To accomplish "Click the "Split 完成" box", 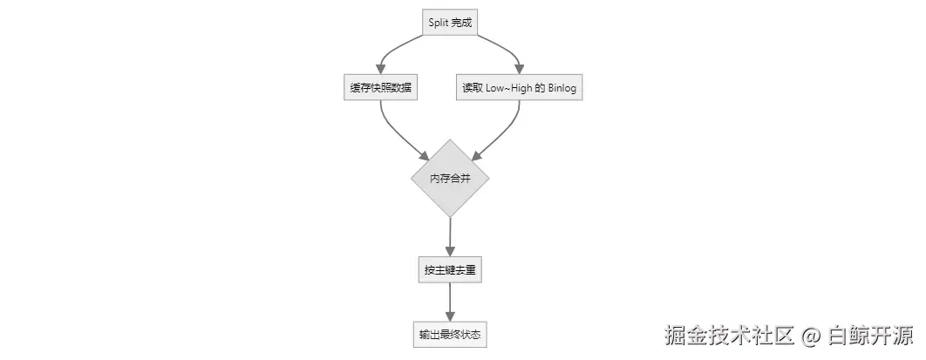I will [450, 23].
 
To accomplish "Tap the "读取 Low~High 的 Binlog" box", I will [519, 87].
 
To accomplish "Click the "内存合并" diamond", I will [450, 178].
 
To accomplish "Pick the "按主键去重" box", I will [450, 270].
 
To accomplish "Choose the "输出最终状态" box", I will [450, 334].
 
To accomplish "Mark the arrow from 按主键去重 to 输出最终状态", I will [450, 302].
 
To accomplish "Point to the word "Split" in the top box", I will [439, 23].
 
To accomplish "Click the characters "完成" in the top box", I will [462, 23].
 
